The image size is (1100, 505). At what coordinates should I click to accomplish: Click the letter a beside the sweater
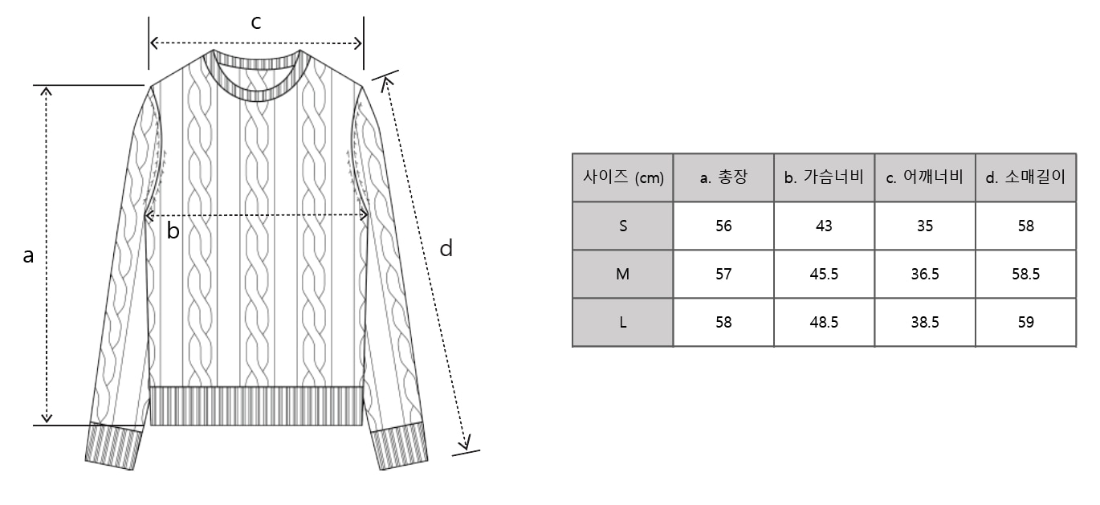click(x=29, y=256)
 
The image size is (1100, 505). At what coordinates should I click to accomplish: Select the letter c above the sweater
click(x=256, y=23)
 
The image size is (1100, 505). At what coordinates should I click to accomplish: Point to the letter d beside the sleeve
click(x=446, y=249)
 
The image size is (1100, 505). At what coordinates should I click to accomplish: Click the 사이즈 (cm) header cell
click(x=623, y=178)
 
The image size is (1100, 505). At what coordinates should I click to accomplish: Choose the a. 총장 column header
click(x=723, y=178)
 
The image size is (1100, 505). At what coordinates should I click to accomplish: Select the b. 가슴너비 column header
click(x=824, y=178)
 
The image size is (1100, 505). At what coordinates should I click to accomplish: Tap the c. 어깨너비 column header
click(x=924, y=178)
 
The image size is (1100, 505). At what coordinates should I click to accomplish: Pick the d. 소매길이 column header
click(x=1025, y=178)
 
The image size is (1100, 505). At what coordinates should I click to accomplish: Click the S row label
click(x=623, y=226)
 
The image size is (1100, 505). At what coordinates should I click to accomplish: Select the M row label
click(x=623, y=275)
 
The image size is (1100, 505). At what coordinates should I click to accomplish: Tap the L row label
click(x=623, y=323)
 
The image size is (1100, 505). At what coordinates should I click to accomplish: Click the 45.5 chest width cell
click(x=824, y=275)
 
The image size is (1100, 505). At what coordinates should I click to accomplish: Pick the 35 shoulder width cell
click(x=924, y=226)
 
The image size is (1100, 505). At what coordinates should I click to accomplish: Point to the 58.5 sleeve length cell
click(x=1025, y=275)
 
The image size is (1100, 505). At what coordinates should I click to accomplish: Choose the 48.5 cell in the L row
click(x=824, y=323)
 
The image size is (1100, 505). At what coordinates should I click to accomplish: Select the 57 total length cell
click(x=723, y=275)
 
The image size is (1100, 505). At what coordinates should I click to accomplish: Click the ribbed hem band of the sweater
click(x=256, y=406)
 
